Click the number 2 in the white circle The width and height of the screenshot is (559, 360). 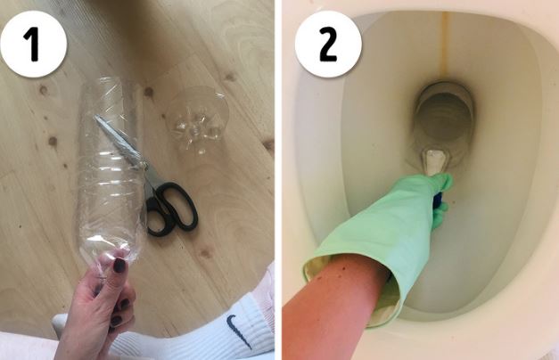[327, 44]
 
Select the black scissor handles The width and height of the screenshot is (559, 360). [170, 208]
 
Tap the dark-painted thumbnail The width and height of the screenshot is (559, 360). [119, 265]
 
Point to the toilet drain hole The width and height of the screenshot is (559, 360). [443, 115]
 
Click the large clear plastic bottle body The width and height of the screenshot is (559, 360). [109, 168]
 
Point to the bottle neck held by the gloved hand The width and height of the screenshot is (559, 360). [434, 161]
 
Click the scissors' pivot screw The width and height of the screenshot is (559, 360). [144, 166]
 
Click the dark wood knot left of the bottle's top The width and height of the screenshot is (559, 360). [43, 90]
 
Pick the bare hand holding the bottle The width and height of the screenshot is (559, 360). [97, 303]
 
